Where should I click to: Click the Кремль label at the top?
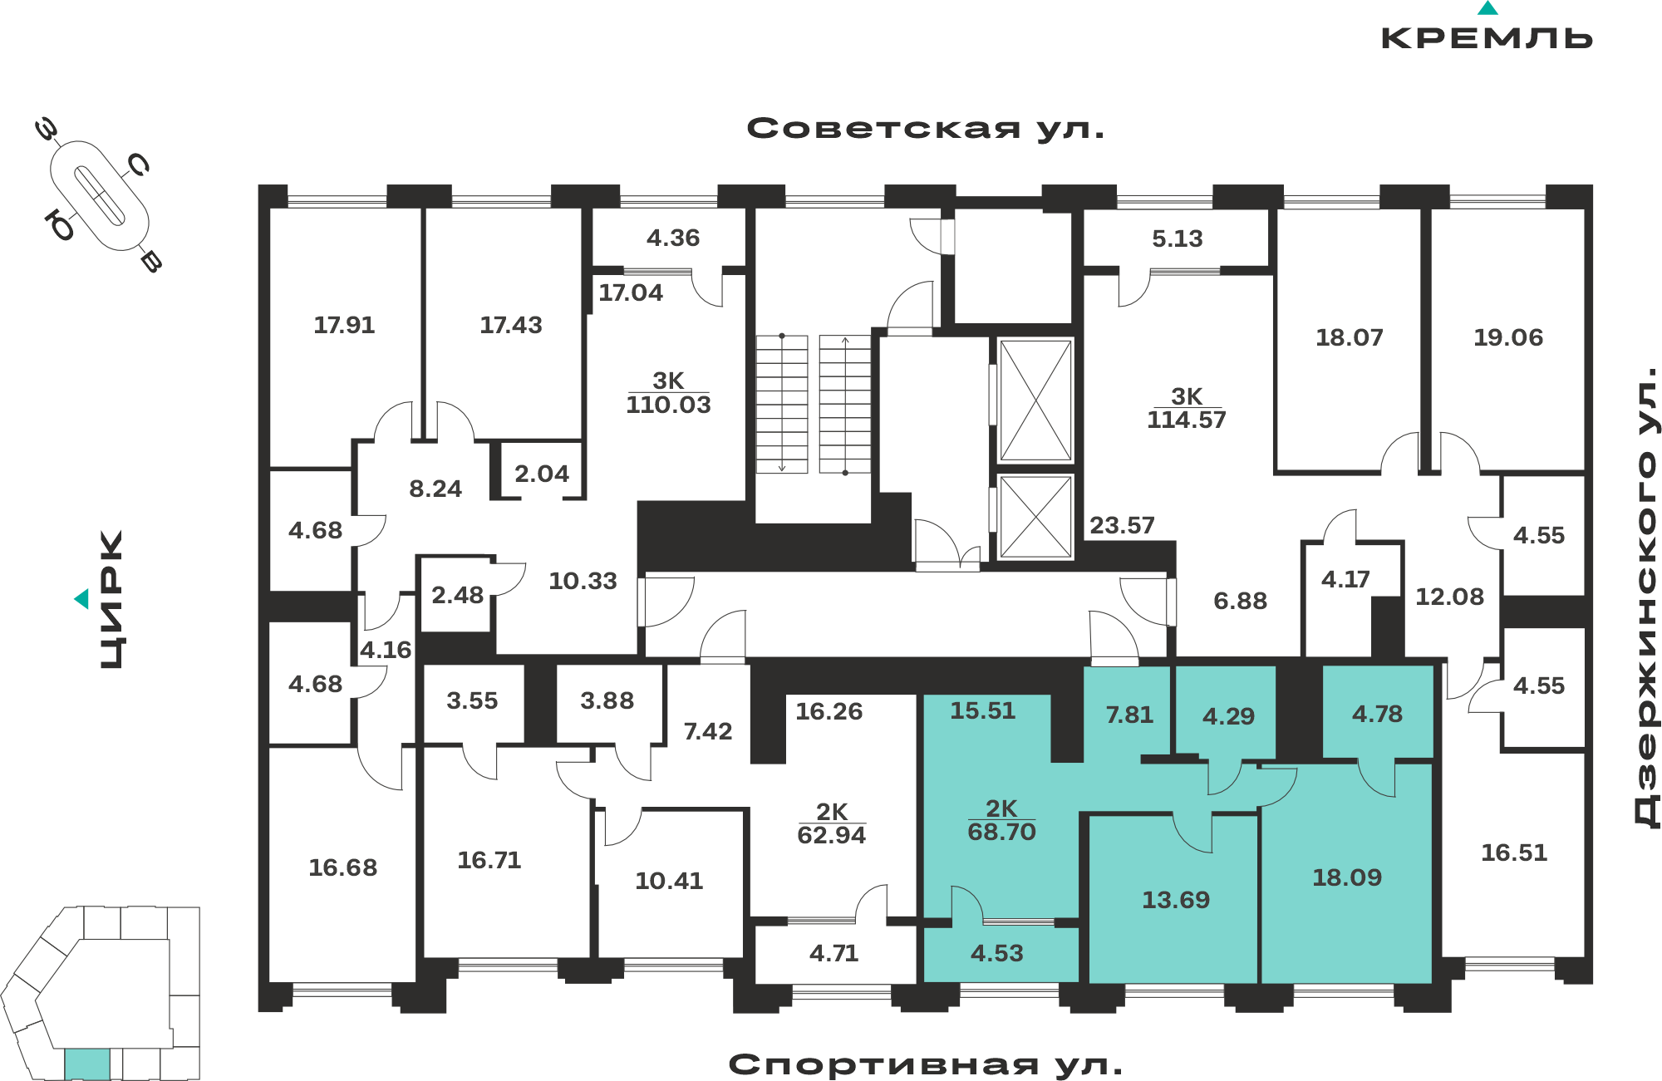(1487, 38)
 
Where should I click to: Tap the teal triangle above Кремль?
(1487, 8)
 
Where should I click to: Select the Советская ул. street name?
(926, 129)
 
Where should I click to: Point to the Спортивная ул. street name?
(926, 1064)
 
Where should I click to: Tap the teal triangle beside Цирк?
(81, 598)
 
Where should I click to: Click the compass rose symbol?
(100, 196)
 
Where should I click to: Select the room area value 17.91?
(344, 325)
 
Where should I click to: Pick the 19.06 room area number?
(1508, 337)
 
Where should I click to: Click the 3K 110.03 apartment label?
(669, 393)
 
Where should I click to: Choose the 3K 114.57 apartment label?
(1187, 408)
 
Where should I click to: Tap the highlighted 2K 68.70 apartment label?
(1002, 820)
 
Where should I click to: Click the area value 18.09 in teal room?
(1347, 877)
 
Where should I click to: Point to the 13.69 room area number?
(1176, 900)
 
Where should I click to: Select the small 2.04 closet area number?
(542, 474)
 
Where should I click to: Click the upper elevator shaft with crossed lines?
(1035, 400)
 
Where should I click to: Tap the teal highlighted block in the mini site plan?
(87, 1064)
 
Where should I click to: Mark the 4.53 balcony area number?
(997, 953)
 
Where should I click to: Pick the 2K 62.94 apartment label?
(832, 823)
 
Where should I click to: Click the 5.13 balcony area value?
(1178, 238)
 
